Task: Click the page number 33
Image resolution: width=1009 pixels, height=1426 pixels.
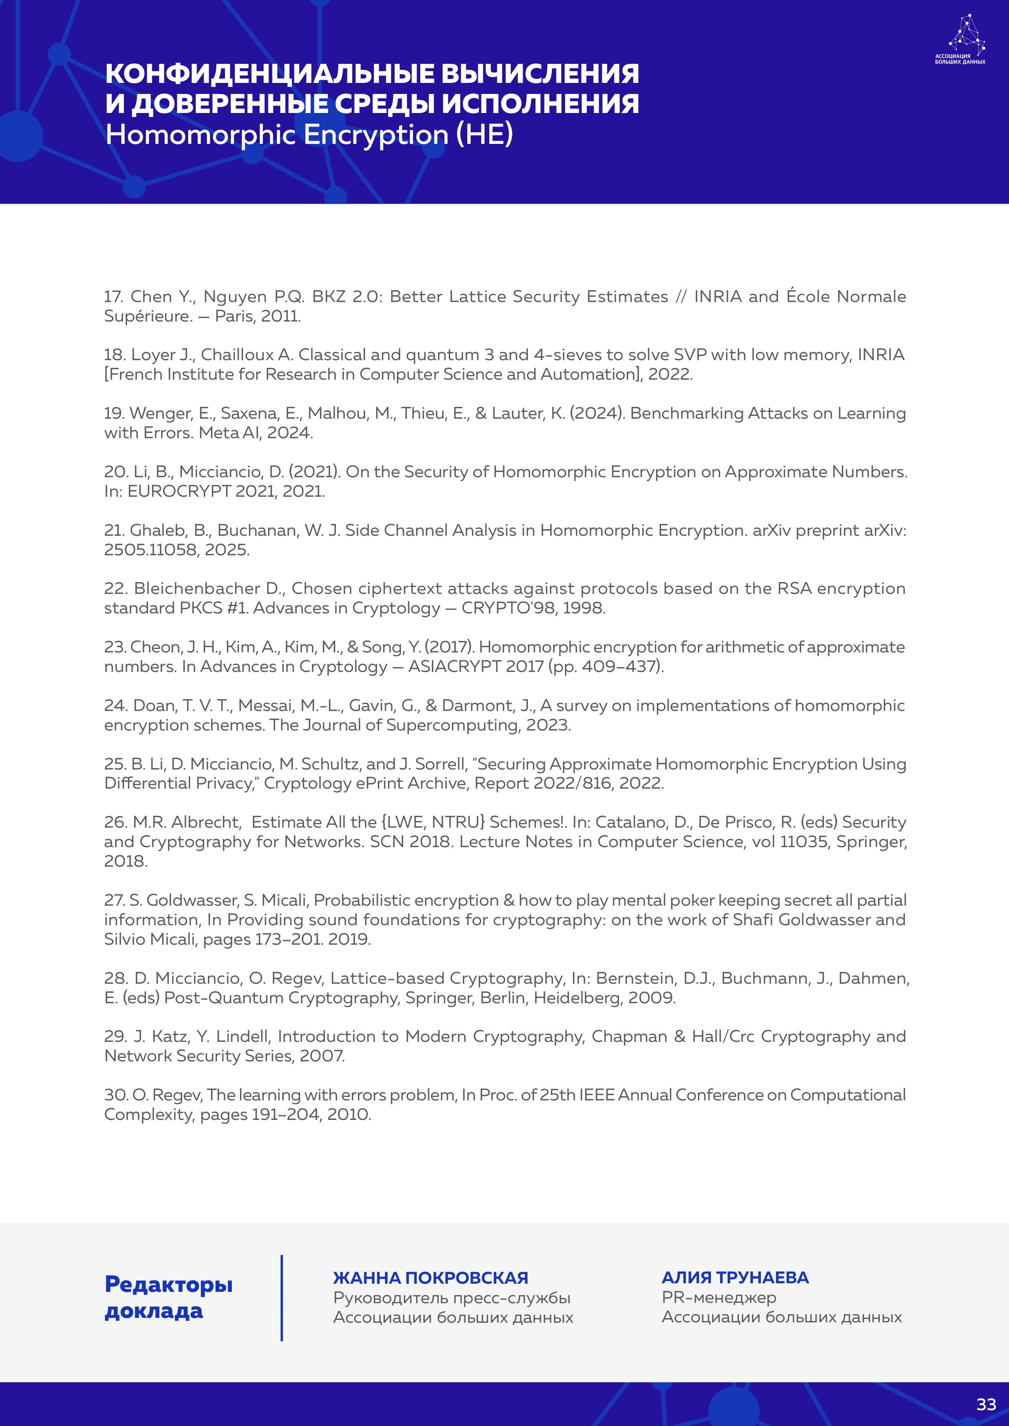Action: click(986, 1404)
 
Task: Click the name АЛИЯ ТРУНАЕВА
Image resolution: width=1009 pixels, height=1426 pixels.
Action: click(735, 1278)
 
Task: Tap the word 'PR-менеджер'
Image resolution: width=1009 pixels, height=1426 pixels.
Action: click(719, 1298)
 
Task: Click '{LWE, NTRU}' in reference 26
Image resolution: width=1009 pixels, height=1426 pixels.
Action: click(432, 822)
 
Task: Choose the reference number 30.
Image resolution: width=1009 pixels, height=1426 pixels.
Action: click(116, 1095)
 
